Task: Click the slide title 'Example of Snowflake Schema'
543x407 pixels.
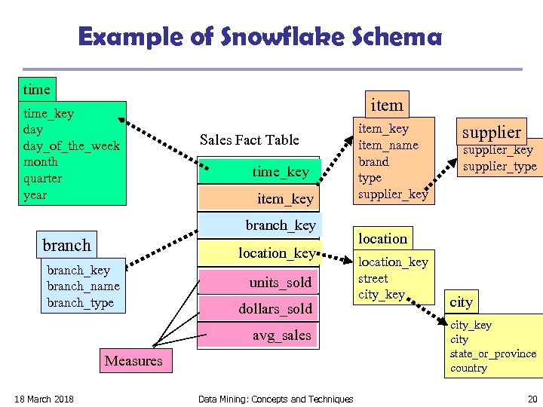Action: (x=260, y=37)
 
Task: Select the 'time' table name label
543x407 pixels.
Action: (x=36, y=89)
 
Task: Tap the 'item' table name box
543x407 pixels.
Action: (x=387, y=105)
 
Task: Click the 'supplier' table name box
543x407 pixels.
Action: (x=491, y=132)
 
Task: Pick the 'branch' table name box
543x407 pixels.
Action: (x=67, y=245)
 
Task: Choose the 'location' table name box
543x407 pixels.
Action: (x=382, y=238)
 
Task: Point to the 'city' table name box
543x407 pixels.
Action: (x=461, y=302)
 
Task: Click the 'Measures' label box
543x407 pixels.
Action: (x=133, y=360)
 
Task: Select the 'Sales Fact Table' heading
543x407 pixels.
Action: (x=249, y=139)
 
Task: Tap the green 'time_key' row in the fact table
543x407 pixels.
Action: (x=259, y=172)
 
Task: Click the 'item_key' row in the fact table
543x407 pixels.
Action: (x=259, y=199)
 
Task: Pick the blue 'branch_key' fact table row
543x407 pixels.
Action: (x=259, y=225)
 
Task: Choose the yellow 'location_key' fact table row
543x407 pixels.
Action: (x=259, y=253)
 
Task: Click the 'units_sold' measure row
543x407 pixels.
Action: (x=259, y=283)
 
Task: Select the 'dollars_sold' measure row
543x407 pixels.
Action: (x=259, y=309)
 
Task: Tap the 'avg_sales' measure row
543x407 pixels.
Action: (x=259, y=335)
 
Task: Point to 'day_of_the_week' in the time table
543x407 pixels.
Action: (x=72, y=145)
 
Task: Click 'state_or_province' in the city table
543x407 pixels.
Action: (x=493, y=353)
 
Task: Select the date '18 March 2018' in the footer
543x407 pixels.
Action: (x=44, y=399)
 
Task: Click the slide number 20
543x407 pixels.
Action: (x=532, y=399)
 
